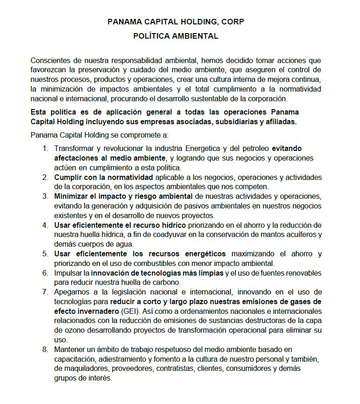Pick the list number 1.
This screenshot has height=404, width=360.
click(x=45, y=149)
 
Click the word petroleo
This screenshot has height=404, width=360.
click(x=255, y=149)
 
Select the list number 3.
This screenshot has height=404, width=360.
click(x=45, y=196)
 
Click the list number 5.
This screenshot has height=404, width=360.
click(x=45, y=254)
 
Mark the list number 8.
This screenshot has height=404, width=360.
click(x=45, y=349)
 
